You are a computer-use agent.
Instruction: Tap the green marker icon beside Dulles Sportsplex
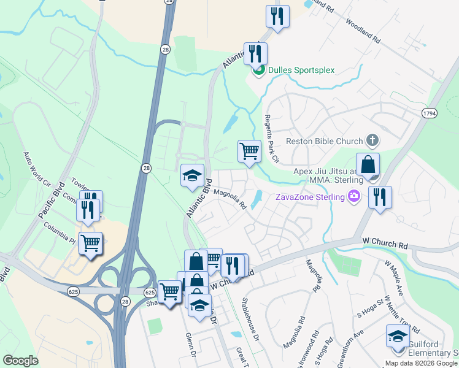tap(258, 71)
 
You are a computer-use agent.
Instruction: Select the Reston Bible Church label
tap(325, 141)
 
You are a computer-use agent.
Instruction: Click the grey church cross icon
tap(371, 141)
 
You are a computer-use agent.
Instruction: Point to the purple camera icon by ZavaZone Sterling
tap(353, 196)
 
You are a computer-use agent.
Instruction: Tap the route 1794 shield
tap(429, 113)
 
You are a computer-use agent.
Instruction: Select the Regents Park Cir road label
tap(271, 139)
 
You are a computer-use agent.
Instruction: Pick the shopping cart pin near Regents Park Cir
tap(249, 150)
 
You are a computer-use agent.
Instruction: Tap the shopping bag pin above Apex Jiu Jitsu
tap(368, 164)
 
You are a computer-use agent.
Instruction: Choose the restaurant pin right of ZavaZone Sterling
tap(380, 197)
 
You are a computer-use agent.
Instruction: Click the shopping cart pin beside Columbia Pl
tap(91, 243)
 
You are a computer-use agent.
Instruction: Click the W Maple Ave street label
tap(393, 276)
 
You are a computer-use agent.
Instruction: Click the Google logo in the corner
tap(21, 361)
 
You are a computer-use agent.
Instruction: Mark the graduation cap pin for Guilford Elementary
tap(397, 337)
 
